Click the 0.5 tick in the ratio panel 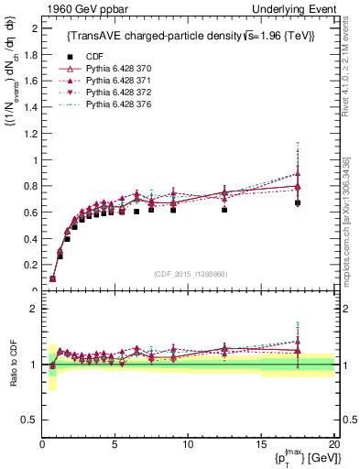[31, 420]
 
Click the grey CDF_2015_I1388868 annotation [190, 274]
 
